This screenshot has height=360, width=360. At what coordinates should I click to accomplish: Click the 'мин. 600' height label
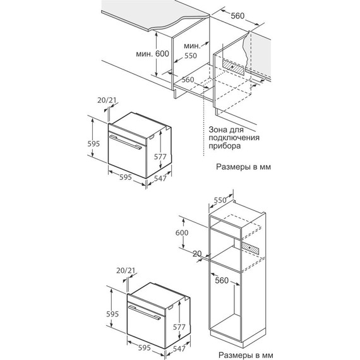(152, 54)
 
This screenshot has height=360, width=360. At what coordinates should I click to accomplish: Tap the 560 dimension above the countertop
(237, 16)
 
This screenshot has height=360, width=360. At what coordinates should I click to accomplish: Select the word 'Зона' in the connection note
(217, 129)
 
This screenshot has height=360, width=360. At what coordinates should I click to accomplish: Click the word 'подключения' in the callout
(234, 138)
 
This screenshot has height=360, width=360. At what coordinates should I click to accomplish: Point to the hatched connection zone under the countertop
(233, 67)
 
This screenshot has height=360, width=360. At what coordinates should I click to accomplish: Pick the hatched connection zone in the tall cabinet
(251, 248)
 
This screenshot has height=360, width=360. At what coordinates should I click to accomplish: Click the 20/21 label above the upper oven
(107, 100)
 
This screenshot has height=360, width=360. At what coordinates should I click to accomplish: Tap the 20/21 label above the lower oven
(126, 270)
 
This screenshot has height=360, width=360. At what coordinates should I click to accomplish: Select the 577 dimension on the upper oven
(160, 157)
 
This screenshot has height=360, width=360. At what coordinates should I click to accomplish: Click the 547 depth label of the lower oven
(179, 349)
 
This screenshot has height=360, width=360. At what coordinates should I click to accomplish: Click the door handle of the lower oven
(145, 313)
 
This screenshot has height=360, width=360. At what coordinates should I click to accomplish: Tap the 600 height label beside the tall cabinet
(182, 232)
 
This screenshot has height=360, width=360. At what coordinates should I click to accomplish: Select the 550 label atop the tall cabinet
(220, 200)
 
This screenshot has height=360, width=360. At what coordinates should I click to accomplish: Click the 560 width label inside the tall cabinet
(222, 280)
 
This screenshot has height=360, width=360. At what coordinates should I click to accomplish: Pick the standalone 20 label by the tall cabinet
(197, 254)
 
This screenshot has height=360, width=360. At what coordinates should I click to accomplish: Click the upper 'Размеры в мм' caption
(243, 167)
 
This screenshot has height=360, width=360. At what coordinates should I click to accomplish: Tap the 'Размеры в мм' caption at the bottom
(246, 355)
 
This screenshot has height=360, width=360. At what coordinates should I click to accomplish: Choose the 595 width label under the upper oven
(126, 177)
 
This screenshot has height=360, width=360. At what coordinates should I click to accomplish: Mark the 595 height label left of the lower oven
(112, 314)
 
